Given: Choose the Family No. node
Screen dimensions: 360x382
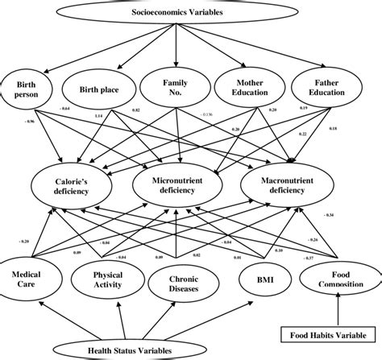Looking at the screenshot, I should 175,88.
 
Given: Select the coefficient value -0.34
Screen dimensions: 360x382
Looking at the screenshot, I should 328,215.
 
